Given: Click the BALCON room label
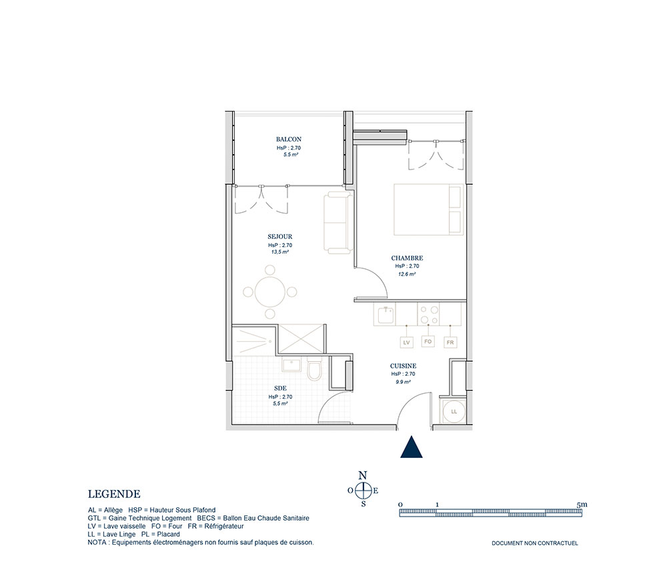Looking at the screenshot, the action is click(288, 139).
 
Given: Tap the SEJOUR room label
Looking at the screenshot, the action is click(280, 237).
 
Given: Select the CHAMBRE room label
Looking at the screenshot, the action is click(407, 258).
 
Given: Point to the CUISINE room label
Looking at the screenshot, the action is click(404, 366).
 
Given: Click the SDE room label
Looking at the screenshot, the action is click(280, 388).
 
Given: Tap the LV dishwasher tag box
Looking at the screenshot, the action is click(407, 342).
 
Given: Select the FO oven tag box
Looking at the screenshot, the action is click(428, 341).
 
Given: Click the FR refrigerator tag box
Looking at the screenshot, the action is click(450, 342).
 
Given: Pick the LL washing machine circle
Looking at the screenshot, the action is click(454, 412).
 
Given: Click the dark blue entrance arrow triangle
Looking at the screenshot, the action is click(412, 448).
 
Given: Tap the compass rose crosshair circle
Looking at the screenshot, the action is click(363, 491).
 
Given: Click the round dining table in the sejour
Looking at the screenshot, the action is click(269, 292).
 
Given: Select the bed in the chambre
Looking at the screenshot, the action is click(428, 210).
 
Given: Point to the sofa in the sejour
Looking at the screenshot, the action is click(338, 222).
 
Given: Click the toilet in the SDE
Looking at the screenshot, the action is click(314, 369).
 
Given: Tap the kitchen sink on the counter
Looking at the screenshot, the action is click(386, 314).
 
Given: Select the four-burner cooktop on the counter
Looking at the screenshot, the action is click(428, 314).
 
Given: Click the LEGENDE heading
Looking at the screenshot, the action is click(114, 494).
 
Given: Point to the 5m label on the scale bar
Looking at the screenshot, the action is click(582, 505).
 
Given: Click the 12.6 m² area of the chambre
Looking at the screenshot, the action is click(407, 274).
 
